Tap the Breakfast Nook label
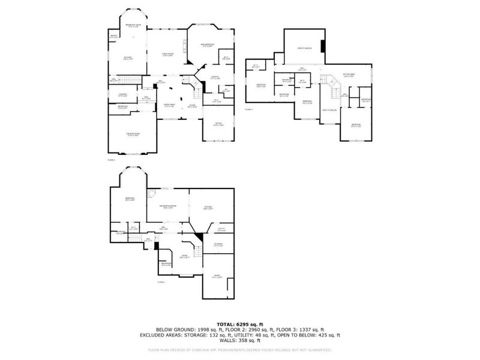(133, 25)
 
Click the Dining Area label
(170, 106)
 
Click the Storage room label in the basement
(218, 244)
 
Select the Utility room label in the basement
(221, 229)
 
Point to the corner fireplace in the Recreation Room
(152, 191)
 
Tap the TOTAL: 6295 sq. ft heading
(240, 324)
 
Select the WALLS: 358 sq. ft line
(240, 341)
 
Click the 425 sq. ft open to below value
(328, 335)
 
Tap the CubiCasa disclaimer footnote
(240, 349)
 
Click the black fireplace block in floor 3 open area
(323, 46)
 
